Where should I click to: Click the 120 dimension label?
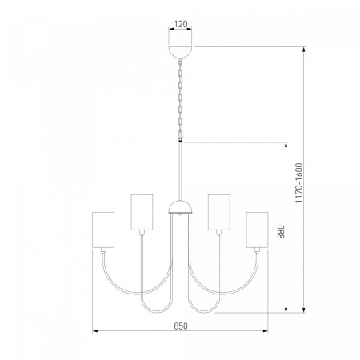[181, 24]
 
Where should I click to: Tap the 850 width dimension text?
[181, 326]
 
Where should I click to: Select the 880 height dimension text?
[281, 232]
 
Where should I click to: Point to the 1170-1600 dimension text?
[299, 182]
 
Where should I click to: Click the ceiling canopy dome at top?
[181, 52]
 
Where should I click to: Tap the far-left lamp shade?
[103, 230]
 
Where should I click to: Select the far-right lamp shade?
[257, 230]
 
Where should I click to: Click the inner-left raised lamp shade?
[142, 212]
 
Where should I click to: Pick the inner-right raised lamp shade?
[219, 212]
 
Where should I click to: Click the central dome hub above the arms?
[181, 207]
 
